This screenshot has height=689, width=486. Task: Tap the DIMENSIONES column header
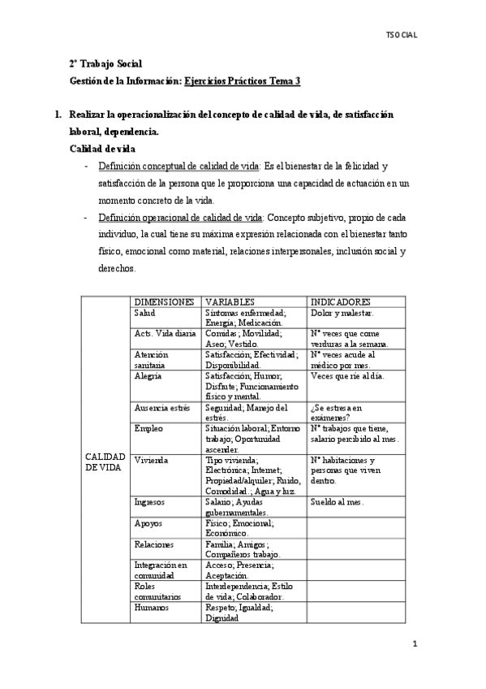click(164, 301)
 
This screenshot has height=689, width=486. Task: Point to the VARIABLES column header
click(230, 301)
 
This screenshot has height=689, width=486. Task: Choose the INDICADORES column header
click(342, 301)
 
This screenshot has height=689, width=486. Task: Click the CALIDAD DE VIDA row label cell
click(105, 461)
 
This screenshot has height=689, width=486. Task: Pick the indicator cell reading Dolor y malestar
click(342, 313)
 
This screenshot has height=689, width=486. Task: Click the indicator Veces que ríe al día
click(347, 376)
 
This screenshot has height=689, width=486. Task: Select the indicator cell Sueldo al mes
click(338, 502)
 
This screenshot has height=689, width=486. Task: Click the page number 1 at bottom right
click(414, 645)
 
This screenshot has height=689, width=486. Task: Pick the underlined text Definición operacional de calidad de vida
click(180, 218)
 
